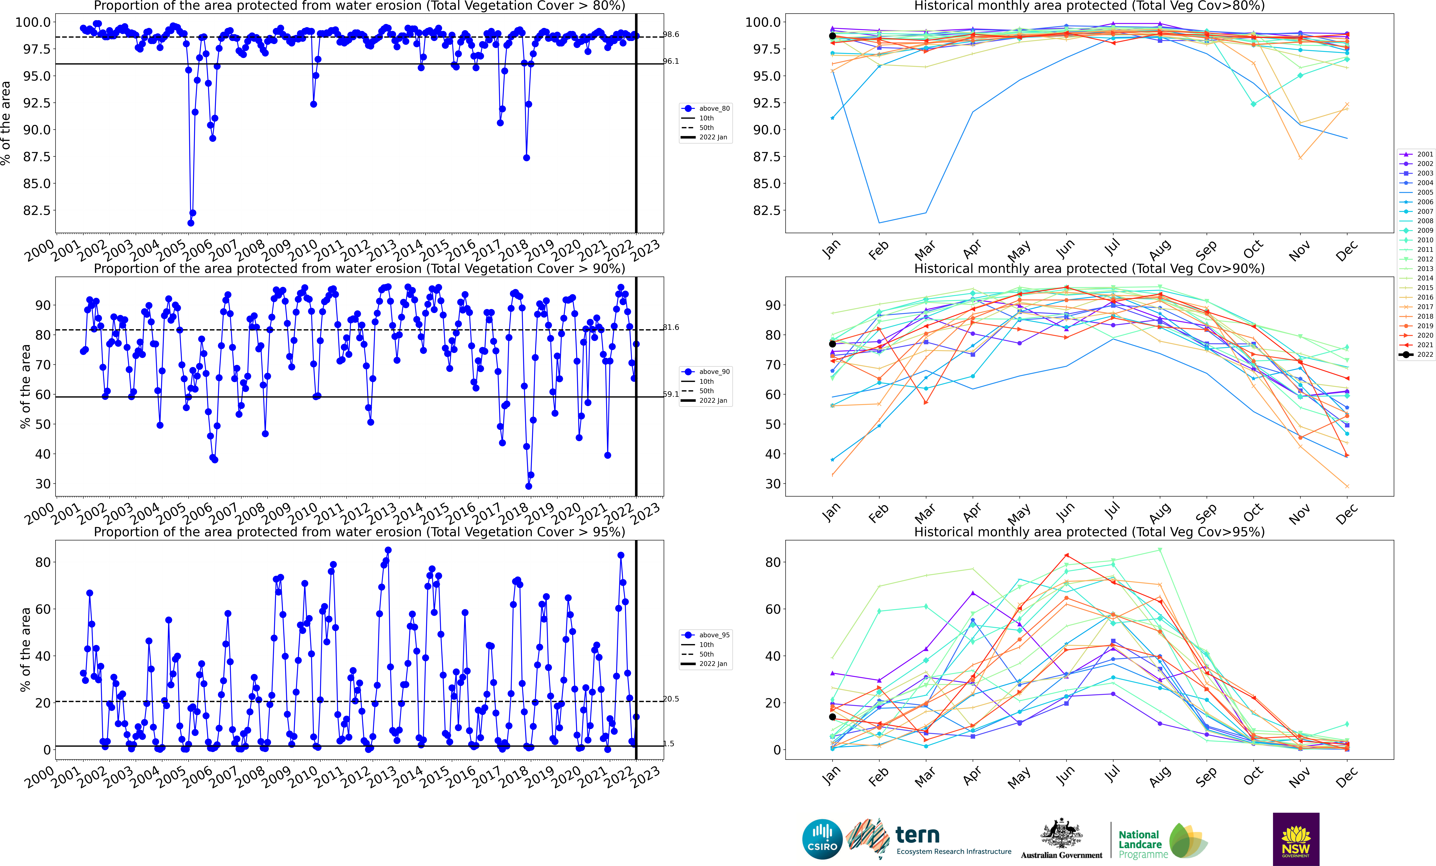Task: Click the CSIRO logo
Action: [x=822, y=839]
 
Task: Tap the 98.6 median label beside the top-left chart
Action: [x=671, y=34]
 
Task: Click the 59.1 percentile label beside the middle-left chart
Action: [x=671, y=394]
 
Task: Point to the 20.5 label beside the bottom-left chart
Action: [x=671, y=699]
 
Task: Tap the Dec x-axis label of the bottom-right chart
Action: [x=1346, y=776]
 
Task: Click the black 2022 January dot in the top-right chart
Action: [x=832, y=36]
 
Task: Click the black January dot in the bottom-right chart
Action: [x=832, y=717]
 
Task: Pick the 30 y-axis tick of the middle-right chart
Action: [x=773, y=484]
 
